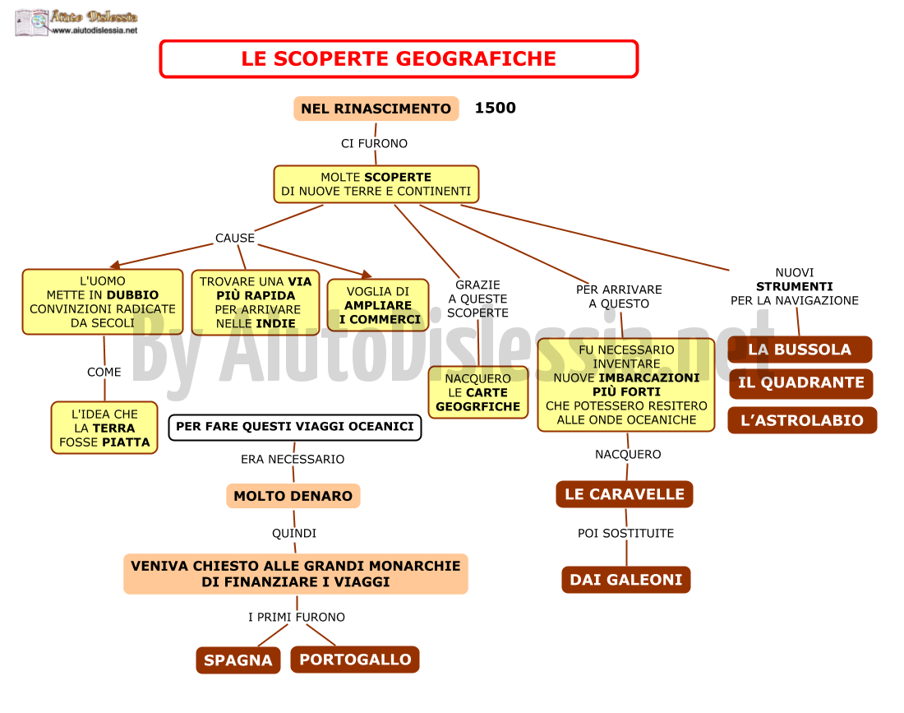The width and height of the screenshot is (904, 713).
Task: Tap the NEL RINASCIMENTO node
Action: tap(376, 109)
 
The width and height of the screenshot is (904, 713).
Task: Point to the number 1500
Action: tap(496, 108)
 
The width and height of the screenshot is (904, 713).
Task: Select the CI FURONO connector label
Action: tap(374, 143)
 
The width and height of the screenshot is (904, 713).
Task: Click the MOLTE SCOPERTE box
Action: tap(376, 184)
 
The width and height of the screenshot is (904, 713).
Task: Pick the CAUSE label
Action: tap(235, 238)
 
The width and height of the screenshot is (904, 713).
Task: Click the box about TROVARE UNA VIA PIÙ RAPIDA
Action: tap(256, 303)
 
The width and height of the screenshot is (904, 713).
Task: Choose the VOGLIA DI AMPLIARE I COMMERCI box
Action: tap(378, 305)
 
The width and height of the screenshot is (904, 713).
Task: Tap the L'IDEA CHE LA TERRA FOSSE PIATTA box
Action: tap(104, 428)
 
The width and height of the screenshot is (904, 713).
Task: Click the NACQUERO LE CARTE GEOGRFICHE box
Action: tap(478, 392)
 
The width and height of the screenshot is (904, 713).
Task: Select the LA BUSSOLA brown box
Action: tap(800, 350)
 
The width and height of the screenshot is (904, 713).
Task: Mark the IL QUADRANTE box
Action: tap(800, 383)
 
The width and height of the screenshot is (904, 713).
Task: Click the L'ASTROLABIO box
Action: tap(802, 420)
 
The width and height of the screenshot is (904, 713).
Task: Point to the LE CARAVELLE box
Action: tap(625, 494)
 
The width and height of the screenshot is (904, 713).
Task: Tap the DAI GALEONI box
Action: tap(626, 580)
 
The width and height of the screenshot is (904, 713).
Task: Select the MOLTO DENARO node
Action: tap(293, 496)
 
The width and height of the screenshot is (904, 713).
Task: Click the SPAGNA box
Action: tap(238, 660)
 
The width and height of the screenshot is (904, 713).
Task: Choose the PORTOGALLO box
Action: tap(355, 660)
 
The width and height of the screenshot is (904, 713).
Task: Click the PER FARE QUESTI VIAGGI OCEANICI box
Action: tap(294, 427)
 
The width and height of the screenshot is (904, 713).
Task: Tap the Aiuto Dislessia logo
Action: tap(76, 23)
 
